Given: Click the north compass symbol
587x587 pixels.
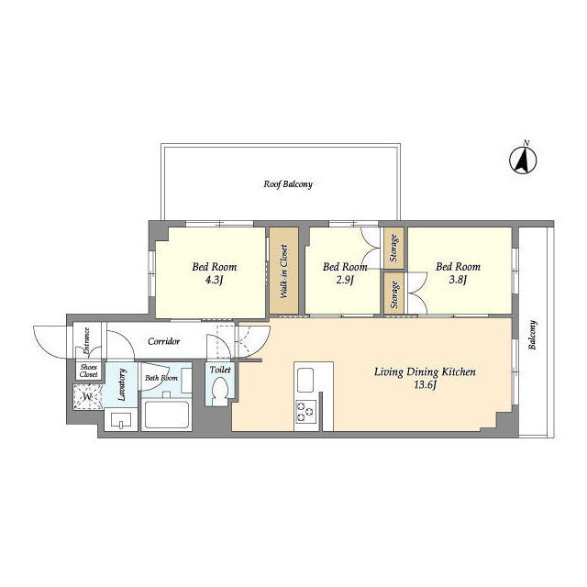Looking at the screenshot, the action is click(x=523, y=160).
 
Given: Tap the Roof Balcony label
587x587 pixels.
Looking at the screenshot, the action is click(x=288, y=184).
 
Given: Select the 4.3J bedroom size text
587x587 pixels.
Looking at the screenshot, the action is click(x=214, y=280).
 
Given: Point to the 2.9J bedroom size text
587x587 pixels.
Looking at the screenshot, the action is click(x=345, y=280).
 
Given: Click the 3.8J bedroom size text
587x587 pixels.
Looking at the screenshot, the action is click(x=458, y=280).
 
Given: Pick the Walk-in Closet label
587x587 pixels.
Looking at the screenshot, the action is click(x=284, y=271).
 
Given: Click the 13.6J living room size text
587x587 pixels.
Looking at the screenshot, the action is click(x=426, y=385).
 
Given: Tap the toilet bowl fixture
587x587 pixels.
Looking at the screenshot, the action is click(x=219, y=391).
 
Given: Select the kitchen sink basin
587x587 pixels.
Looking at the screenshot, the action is click(x=305, y=380).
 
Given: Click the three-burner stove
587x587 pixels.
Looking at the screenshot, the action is click(x=306, y=412).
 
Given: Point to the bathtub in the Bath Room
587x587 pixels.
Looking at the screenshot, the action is click(x=166, y=415).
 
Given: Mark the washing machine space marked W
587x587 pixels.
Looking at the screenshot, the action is click(x=88, y=397).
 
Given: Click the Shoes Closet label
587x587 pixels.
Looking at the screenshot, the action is click(x=89, y=371).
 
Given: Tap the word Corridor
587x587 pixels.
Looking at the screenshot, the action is click(x=163, y=341).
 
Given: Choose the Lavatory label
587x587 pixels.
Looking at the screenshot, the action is click(x=122, y=384).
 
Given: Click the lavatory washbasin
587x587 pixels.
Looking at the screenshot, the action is click(x=121, y=420).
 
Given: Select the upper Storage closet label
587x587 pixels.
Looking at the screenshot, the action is click(x=393, y=248).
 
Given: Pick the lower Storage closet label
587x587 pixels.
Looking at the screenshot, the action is click(x=394, y=294).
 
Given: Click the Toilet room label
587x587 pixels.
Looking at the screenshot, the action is click(x=220, y=370).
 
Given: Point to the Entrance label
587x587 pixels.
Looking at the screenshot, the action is click(x=86, y=341).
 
